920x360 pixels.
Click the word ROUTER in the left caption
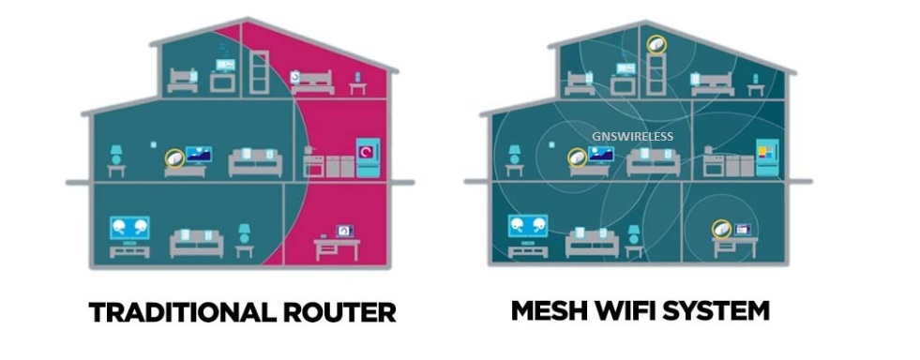pos(340,311)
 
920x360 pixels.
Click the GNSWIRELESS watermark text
pos(632,137)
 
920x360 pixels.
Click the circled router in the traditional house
pos(174,157)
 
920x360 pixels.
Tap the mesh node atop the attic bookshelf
pos(656,45)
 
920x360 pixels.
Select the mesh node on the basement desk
pos(722,228)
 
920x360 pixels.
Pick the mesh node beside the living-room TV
pos(578,157)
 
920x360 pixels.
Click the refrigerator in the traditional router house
pos(368,157)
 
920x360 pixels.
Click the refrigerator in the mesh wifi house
pos(766,157)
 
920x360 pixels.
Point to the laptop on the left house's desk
pos(344,231)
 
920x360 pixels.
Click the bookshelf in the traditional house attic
pos(259,72)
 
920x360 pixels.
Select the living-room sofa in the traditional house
pos(255,162)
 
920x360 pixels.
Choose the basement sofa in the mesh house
pos(592,243)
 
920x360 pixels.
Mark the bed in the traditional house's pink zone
pos(312,82)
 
